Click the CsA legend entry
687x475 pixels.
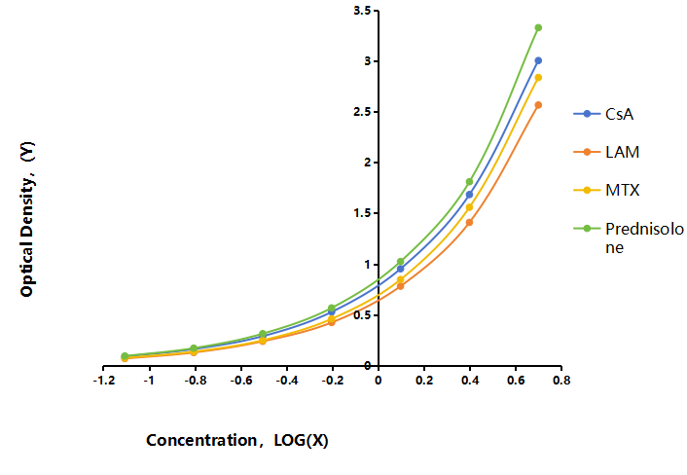pos(603,114)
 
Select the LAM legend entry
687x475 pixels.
pos(606,152)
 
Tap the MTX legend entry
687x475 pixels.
pos(606,190)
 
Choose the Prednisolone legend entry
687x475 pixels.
pos(629,237)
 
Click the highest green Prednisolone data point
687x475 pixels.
pos(538,27)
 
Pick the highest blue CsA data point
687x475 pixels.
pos(538,60)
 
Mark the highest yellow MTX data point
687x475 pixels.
pos(538,78)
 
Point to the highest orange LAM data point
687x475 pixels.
pos(538,105)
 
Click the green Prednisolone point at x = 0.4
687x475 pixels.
pos(469,182)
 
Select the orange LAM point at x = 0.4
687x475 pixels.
pos(469,223)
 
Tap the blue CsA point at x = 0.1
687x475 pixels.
pos(400,269)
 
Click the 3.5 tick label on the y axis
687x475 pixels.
pos(362,11)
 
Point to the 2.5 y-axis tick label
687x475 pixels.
pos(362,112)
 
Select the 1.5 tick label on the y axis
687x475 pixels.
pos(362,213)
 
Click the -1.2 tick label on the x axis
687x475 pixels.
pos(104,381)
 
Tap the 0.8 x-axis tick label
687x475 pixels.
pos(561,381)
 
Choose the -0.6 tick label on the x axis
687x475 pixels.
pos(241,381)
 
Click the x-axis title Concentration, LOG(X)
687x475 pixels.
pos(237,440)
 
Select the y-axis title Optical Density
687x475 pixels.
pos(27,220)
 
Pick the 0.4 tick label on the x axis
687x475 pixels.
pos(470,381)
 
